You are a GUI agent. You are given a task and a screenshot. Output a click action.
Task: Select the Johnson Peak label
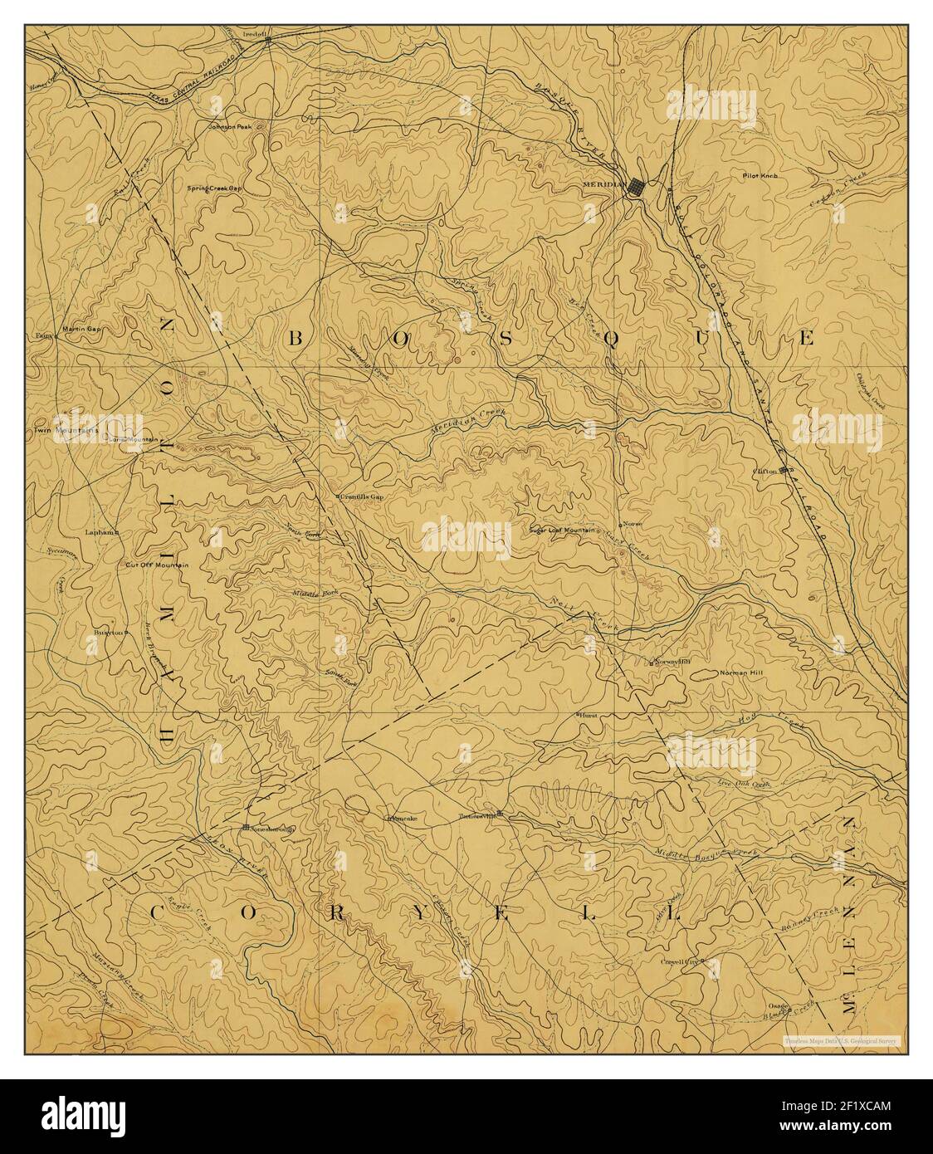(228, 127)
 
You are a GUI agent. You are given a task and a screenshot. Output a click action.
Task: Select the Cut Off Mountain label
(157, 565)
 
